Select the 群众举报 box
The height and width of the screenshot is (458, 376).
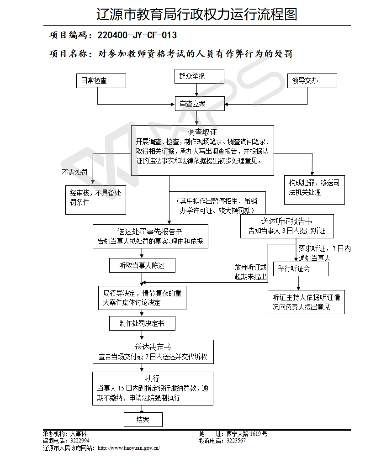pos(199,77)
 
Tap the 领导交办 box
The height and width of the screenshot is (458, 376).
pos(312,81)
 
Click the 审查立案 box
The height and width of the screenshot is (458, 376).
pos(199,104)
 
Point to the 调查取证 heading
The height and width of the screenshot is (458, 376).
pos(202,132)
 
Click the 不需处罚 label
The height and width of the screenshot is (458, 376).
pos(74,172)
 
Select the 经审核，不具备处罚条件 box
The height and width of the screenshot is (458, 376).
pos(95,198)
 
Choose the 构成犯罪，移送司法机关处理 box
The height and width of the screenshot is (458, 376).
pos(314,188)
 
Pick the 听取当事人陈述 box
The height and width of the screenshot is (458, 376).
pos(142,265)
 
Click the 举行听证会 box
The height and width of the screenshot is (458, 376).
pos(300,268)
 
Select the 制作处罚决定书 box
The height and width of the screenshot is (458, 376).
pos(142,323)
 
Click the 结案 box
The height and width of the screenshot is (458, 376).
pos(143,420)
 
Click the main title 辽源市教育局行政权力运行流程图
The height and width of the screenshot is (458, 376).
pos(197,14)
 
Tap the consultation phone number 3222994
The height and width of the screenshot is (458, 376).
pos(80,441)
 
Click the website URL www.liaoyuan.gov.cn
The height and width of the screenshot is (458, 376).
pos(129,448)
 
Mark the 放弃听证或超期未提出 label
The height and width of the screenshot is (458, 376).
pos(251,272)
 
